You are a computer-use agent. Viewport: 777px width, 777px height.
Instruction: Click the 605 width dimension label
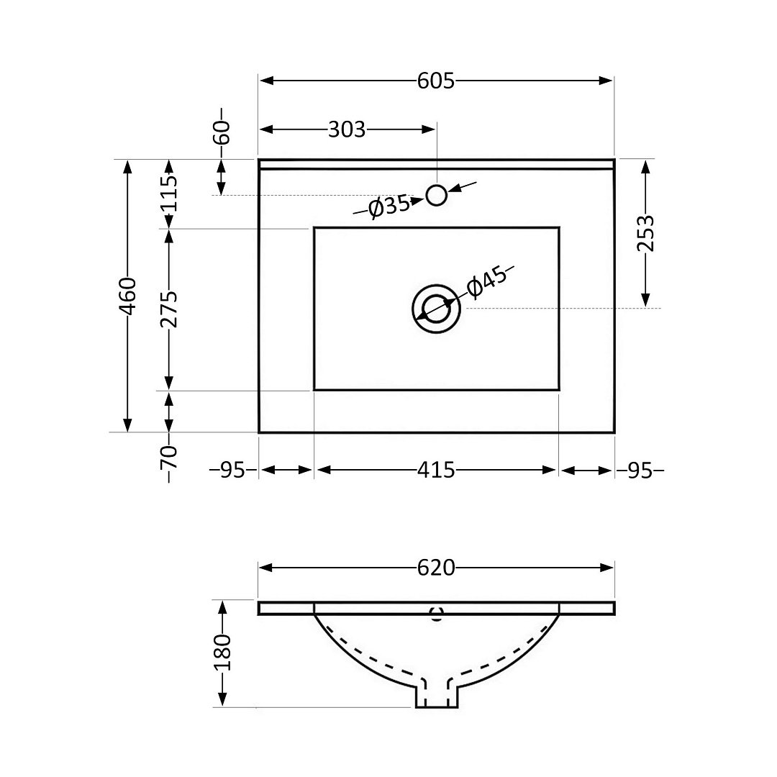click(x=435, y=81)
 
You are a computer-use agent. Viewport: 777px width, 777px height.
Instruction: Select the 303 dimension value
click(x=347, y=129)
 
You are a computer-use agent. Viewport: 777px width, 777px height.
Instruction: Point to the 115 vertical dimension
click(x=169, y=194)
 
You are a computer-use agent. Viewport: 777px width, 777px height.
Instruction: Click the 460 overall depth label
click(x=128, y=296)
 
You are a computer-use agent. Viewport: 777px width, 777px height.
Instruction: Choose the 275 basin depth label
click(x=169, y=309)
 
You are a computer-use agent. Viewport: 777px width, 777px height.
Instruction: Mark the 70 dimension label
click(x=169, y=458)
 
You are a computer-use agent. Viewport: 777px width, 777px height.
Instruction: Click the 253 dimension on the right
click(x=645, y=233)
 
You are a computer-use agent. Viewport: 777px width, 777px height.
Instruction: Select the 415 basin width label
click(x=435, y=471)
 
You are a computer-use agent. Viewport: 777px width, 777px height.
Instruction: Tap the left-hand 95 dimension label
click(x=232, y=471)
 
